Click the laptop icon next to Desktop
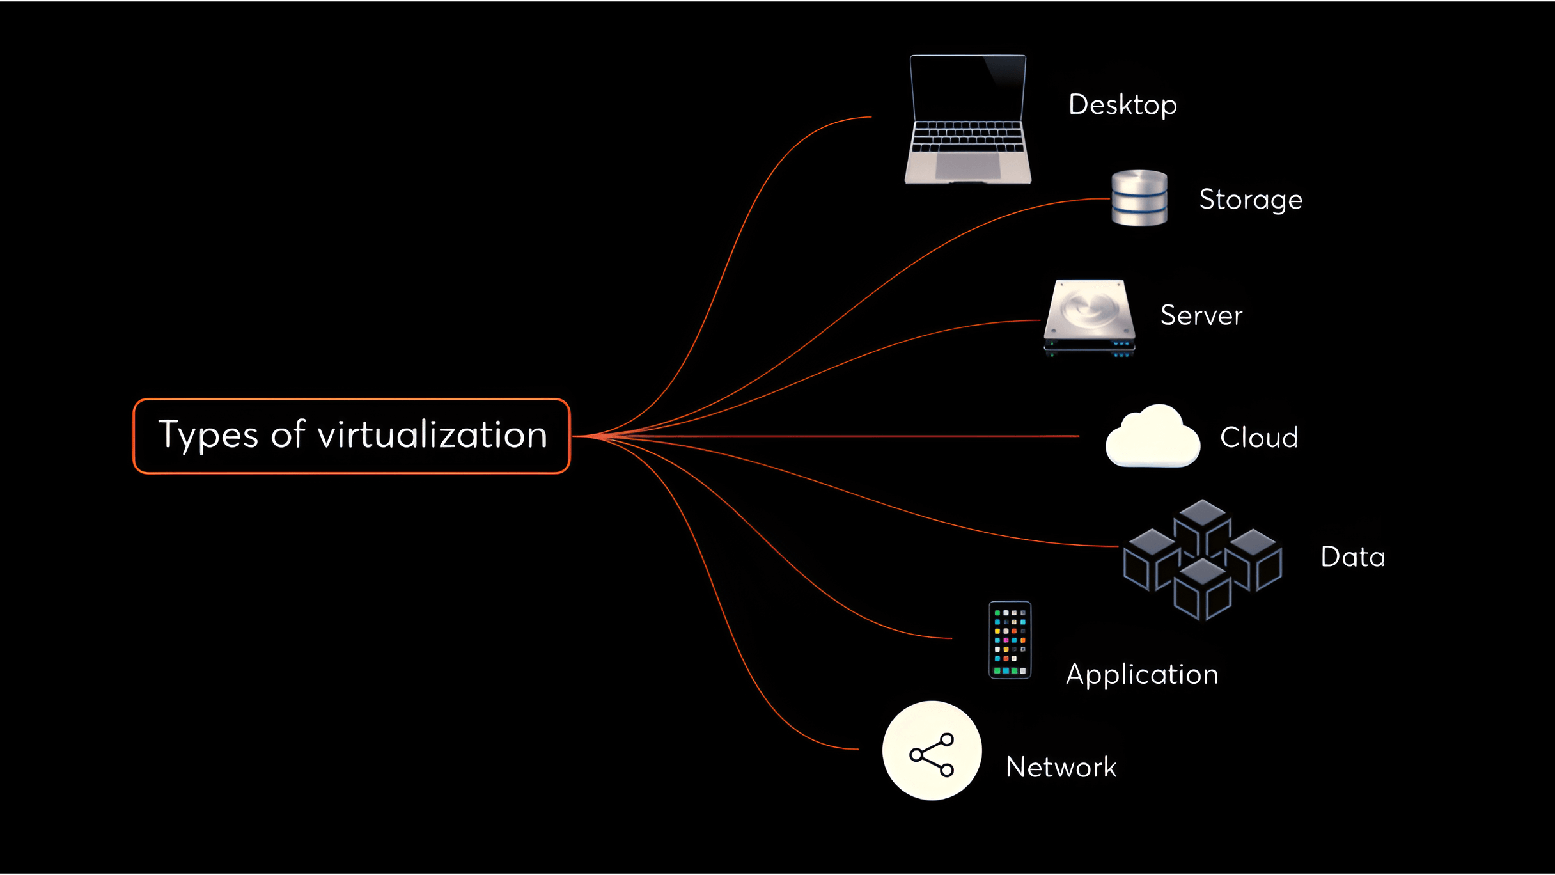[968, 120]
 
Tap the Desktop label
[1123, 105]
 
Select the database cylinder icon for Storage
[1139, 198]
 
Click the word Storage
[1251, 200]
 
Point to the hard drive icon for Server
[1090, 317]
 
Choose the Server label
[1201, 315]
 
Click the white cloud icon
[1153, 436]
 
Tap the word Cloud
[1259, 437]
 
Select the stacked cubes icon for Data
[1203, 560]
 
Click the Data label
[1353, 556]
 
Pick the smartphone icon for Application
[1010, 640]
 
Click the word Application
[1142, 675]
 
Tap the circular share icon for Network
[932, 751]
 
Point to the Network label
[1061, 767]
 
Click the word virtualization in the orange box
[433, 434]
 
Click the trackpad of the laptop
[968, 166]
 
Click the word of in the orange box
[288, 434]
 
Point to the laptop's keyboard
[968, 136]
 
